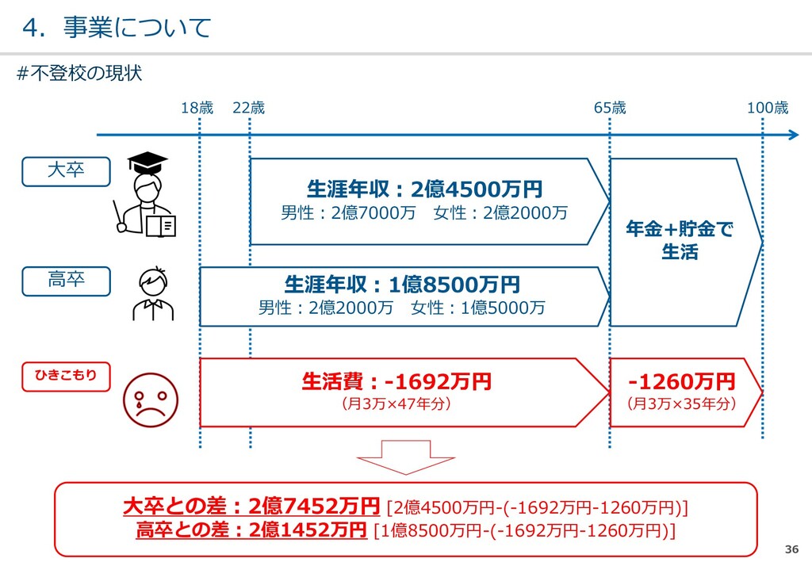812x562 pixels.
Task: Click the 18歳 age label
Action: pyautogui.click(x=197, y=109)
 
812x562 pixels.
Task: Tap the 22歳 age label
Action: pyautogui.click(x=248, y=109)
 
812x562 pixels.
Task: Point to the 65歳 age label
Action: pyautogui.click(x=610, y=109)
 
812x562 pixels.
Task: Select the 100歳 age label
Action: pyautogui.click(x=768, y=109)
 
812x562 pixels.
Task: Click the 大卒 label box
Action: pyautogui.click(x=66, y=170)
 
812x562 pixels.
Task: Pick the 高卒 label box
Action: pyautogui.click(x=66, y=280)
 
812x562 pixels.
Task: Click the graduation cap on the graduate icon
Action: pyautogui.click(x=147, y=163)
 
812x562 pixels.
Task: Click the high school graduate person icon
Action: pyautogui.click(x=152, y=293)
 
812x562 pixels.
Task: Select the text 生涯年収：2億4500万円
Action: pyautogui.click(x=424, y=189)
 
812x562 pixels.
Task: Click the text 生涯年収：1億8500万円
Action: pyautogui.click(x=402, y=285)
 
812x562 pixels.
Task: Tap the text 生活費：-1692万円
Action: pyautogui.click(x=396, y=382)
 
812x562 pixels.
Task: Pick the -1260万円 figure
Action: pyautogui.click(x=682, y=382)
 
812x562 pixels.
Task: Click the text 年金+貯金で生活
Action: pyautogui.click(x=680, y=241)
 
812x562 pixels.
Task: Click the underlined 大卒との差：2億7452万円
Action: pyautogui.click(x=252, y=506)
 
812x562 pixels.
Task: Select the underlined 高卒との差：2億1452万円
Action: pyautogui.click(x=251, y=529)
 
